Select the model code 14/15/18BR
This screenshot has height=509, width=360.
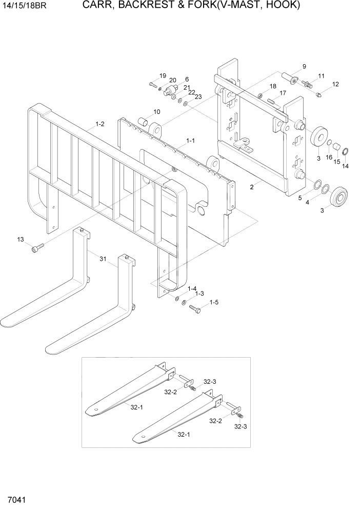pos(26,6)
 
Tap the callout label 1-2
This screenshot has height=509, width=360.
pos(99,124)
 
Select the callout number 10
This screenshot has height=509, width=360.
pos(156,112)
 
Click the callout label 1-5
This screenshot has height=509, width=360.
pos(213,303)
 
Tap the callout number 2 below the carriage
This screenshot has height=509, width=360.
pos(252,187)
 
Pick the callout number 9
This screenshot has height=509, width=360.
pos(304,66)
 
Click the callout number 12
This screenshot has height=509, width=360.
pos(335,84)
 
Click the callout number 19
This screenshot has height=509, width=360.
pos(163,76)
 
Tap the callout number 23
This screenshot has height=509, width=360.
pos(198,96)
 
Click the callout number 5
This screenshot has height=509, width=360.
pos(299,198)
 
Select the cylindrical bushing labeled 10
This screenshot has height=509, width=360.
pos(144,123)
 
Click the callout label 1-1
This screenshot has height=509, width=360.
pos(190,140)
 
